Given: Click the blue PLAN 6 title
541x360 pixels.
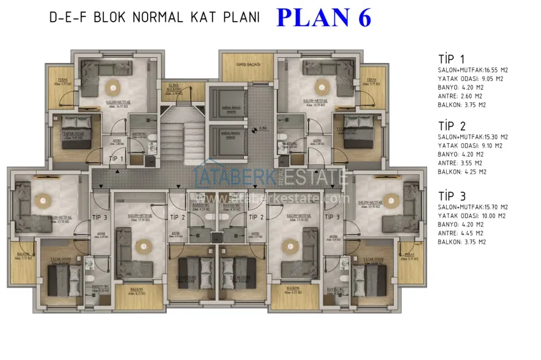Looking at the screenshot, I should point(323,17).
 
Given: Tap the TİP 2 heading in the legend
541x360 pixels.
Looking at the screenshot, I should point(452,125).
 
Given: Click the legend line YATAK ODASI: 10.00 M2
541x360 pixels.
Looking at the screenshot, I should point(471,216).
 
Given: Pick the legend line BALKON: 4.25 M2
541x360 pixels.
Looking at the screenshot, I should point(462,172).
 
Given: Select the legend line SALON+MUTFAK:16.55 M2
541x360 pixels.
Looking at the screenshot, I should point(472,70).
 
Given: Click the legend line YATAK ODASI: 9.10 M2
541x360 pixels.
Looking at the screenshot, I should point(470,146).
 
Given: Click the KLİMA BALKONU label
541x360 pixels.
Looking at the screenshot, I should point(174,87).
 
